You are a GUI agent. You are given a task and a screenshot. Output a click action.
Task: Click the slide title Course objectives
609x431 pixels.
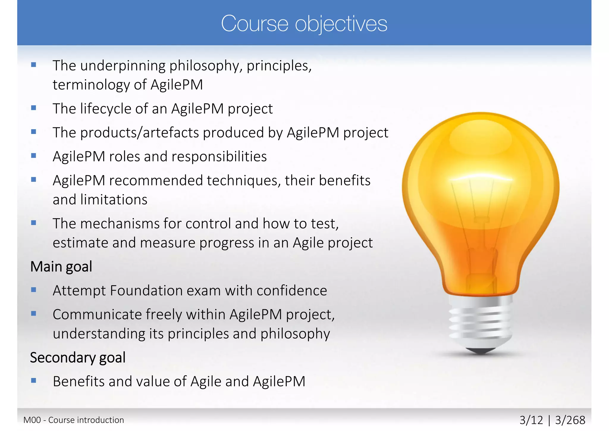[x=304, y=24]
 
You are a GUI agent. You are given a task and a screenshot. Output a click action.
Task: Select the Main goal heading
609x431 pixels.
[x=61, y=266]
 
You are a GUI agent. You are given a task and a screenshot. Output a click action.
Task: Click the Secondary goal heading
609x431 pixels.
[x=78, y=357]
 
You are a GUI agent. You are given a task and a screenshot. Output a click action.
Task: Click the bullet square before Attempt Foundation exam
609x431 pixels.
[x=34, y=290]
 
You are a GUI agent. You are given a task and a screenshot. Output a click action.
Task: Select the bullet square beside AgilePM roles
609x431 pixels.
[x=34, y=156]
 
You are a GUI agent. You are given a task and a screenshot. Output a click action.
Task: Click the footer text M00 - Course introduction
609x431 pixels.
[x=73, y=420]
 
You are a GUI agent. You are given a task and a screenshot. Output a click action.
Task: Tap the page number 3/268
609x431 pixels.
[x=570, y=420]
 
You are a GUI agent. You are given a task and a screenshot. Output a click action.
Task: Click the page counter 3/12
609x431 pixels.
[x=531, y=420]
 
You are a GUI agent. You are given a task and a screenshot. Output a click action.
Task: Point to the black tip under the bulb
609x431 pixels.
[x=480, y=351]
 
